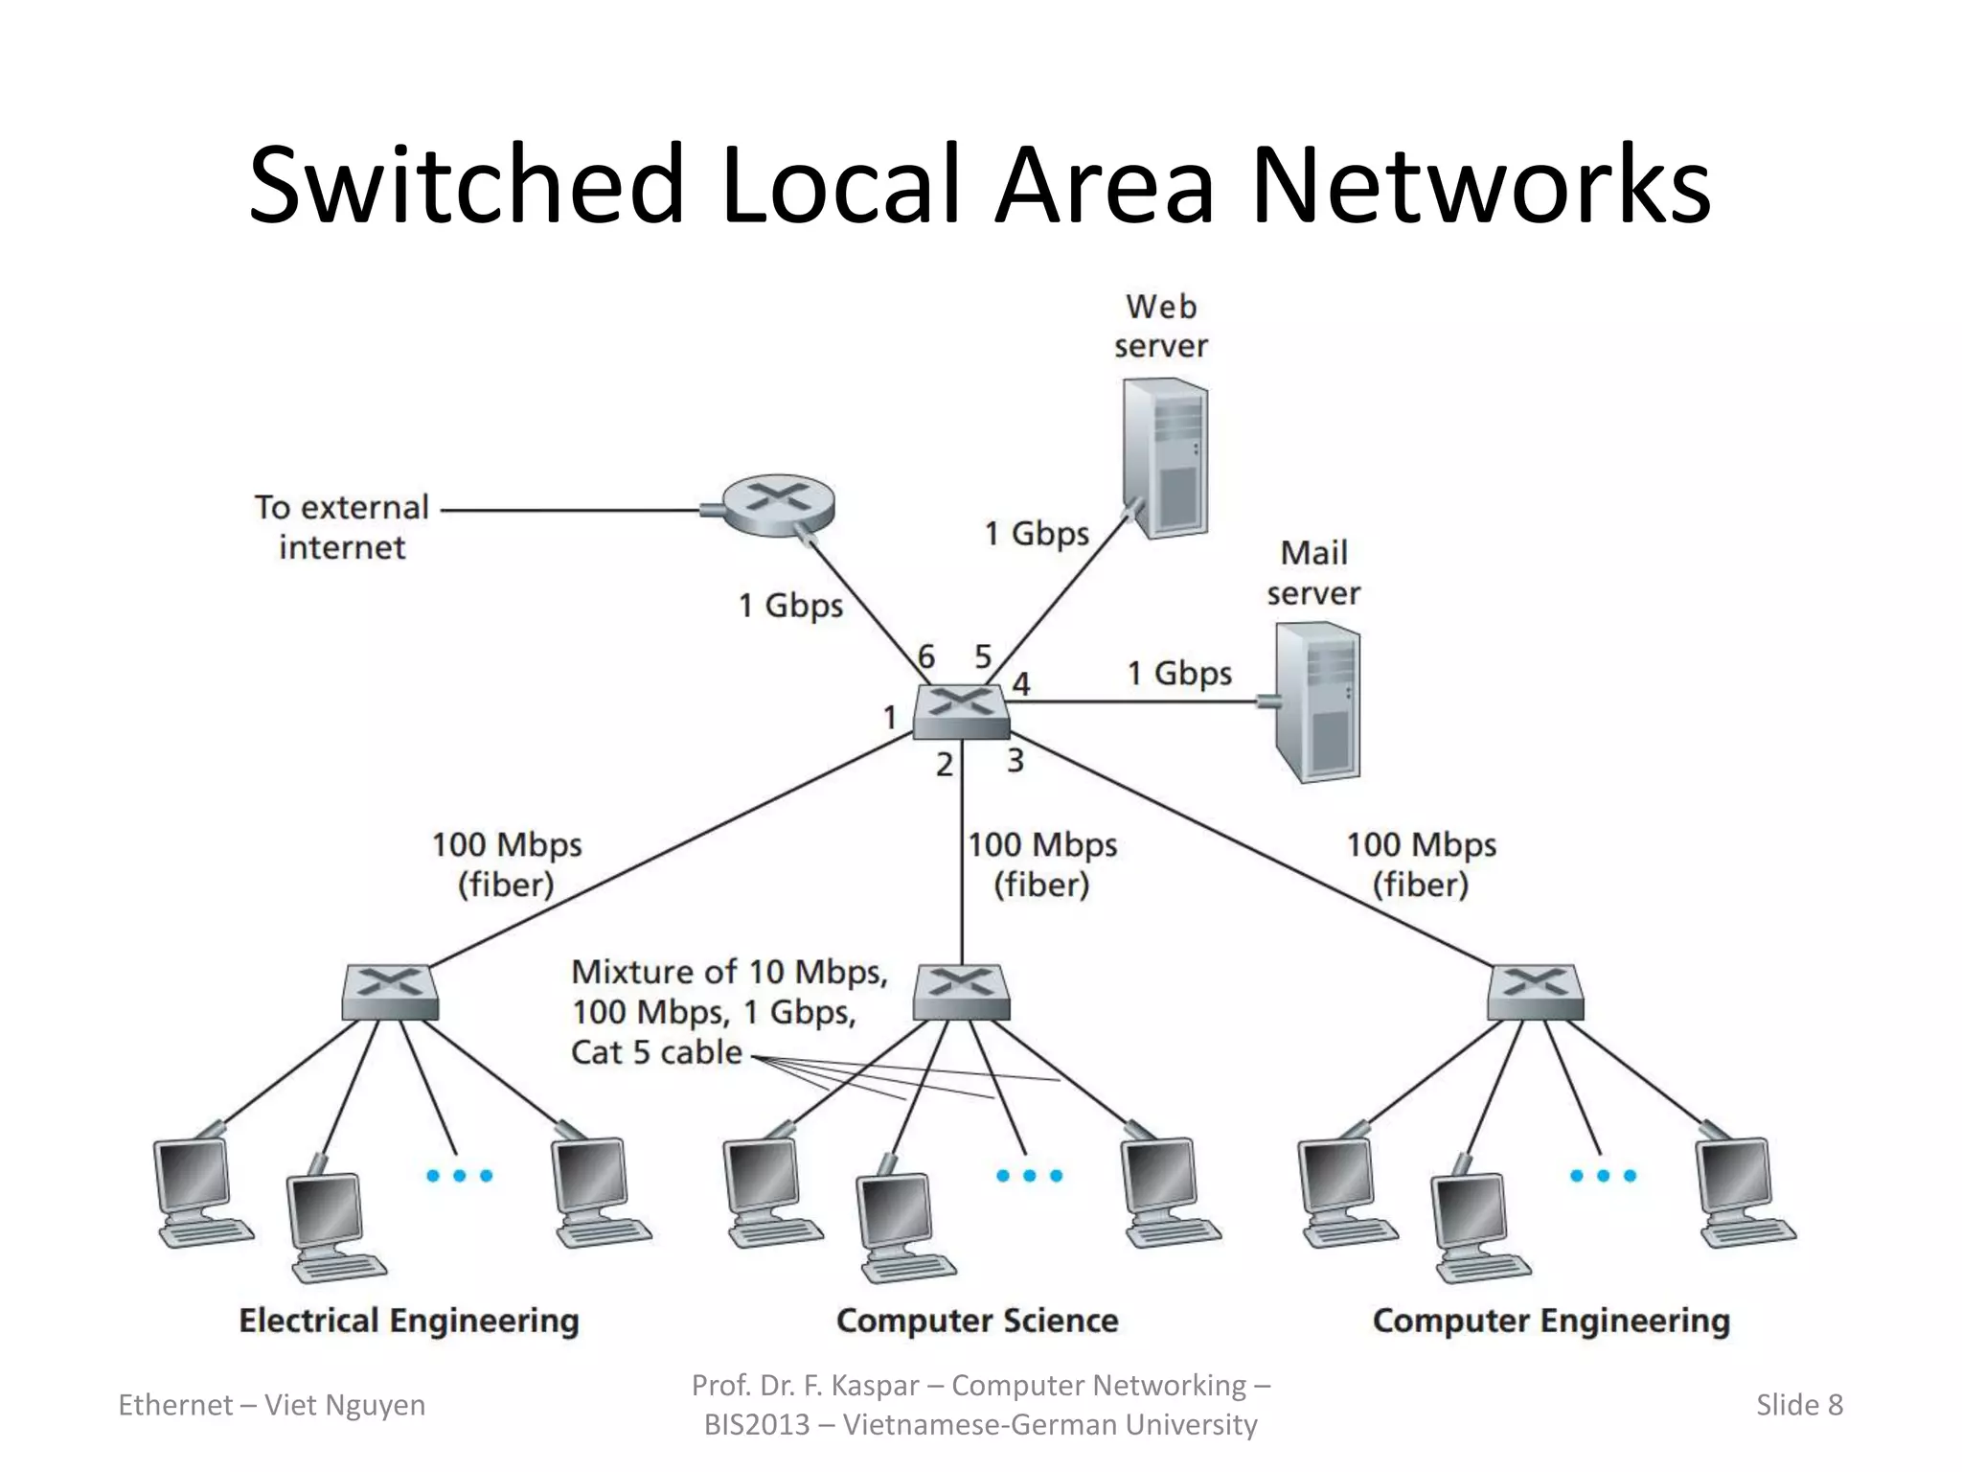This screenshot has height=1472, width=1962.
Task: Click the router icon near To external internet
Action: click(778, 505)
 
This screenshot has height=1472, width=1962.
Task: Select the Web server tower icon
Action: click(1164, 458)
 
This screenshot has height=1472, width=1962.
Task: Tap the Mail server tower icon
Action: click(1317, 702)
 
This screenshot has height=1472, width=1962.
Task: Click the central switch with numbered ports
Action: click(960, 711)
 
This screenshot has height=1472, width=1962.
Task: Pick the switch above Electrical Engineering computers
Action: click(390, 992)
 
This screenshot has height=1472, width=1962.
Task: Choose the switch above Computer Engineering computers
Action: click(1535, 992)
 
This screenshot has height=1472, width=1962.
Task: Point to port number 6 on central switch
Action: click(925, 657)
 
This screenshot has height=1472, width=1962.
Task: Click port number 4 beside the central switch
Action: click(1021, 684)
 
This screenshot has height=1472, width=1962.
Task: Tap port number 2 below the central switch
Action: click(945, 765)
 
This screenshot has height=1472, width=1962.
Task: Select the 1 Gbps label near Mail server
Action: click(1178, 673)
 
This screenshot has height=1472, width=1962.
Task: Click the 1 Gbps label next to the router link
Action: click(790, 606)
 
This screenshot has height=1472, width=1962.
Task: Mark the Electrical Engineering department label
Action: click(409, 1321)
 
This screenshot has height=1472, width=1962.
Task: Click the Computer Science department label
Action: click(977, 1321)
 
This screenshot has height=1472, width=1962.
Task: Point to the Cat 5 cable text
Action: click(657, 1052)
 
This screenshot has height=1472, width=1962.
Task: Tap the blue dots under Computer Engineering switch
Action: click(1603, 1176)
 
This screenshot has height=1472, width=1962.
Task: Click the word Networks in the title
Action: click(1480, 184)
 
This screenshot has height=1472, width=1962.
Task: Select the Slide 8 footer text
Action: click(1798, 1405)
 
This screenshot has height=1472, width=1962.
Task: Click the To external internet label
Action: click(342, 527)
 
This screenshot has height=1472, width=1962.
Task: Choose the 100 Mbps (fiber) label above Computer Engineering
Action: click(1421, 864)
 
